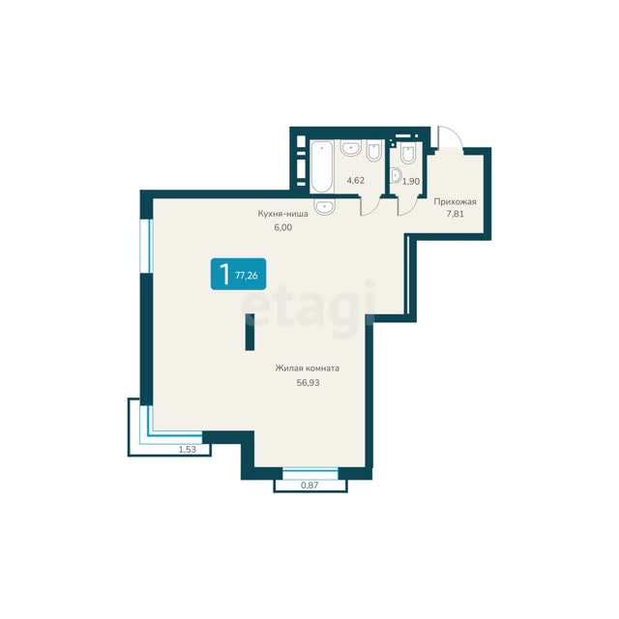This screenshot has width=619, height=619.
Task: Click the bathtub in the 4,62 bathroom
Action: [x=322, y=166]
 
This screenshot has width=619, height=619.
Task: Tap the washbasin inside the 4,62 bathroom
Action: [x=350, y=148]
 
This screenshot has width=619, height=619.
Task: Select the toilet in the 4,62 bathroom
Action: [x=373, y=151]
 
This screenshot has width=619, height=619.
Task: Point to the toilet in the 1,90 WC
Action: [x=408, y=152]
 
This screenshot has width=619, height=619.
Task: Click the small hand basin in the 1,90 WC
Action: [x=396, y=176]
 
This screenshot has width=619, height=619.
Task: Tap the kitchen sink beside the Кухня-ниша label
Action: [x=325, y=207]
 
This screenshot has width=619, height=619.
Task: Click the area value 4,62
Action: [x=355, y=181]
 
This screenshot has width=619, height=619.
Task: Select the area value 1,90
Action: [x=411, y=182]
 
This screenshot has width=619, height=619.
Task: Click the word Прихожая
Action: [x=456, y=202]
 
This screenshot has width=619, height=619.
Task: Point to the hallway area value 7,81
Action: [x=456, y=215]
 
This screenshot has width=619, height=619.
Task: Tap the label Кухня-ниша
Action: [x=283, y=214]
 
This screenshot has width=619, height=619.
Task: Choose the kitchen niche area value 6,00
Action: [x=283, y=227]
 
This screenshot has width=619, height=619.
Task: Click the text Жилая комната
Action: [x=308, y=368]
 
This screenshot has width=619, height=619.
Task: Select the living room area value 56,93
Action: [x=308, y=383]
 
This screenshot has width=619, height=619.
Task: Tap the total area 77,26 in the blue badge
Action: [x=247, y=275]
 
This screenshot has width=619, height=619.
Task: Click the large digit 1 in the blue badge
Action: [x=224, y=274]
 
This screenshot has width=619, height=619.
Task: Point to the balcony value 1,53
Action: [x=188, y=449]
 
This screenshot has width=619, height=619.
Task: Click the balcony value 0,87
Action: [x=309, y=486]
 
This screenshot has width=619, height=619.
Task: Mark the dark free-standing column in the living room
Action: [x=250, y=332]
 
